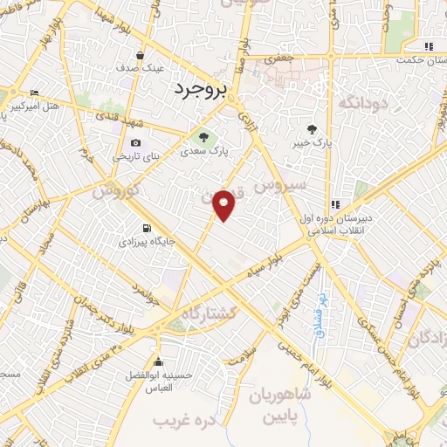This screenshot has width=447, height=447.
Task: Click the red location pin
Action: point(224,203)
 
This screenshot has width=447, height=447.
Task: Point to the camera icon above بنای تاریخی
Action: point(135,143)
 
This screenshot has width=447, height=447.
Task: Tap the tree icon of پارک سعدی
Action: point(204,137)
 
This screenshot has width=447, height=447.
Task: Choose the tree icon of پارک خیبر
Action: point(312,129)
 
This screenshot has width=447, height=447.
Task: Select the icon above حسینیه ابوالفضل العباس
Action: point(158,363)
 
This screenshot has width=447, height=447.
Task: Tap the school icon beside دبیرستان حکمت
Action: point(428,46)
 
